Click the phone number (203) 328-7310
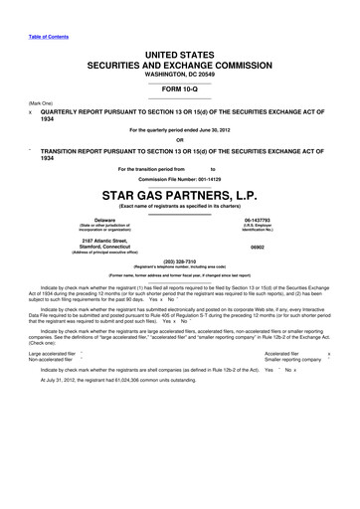180,262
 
